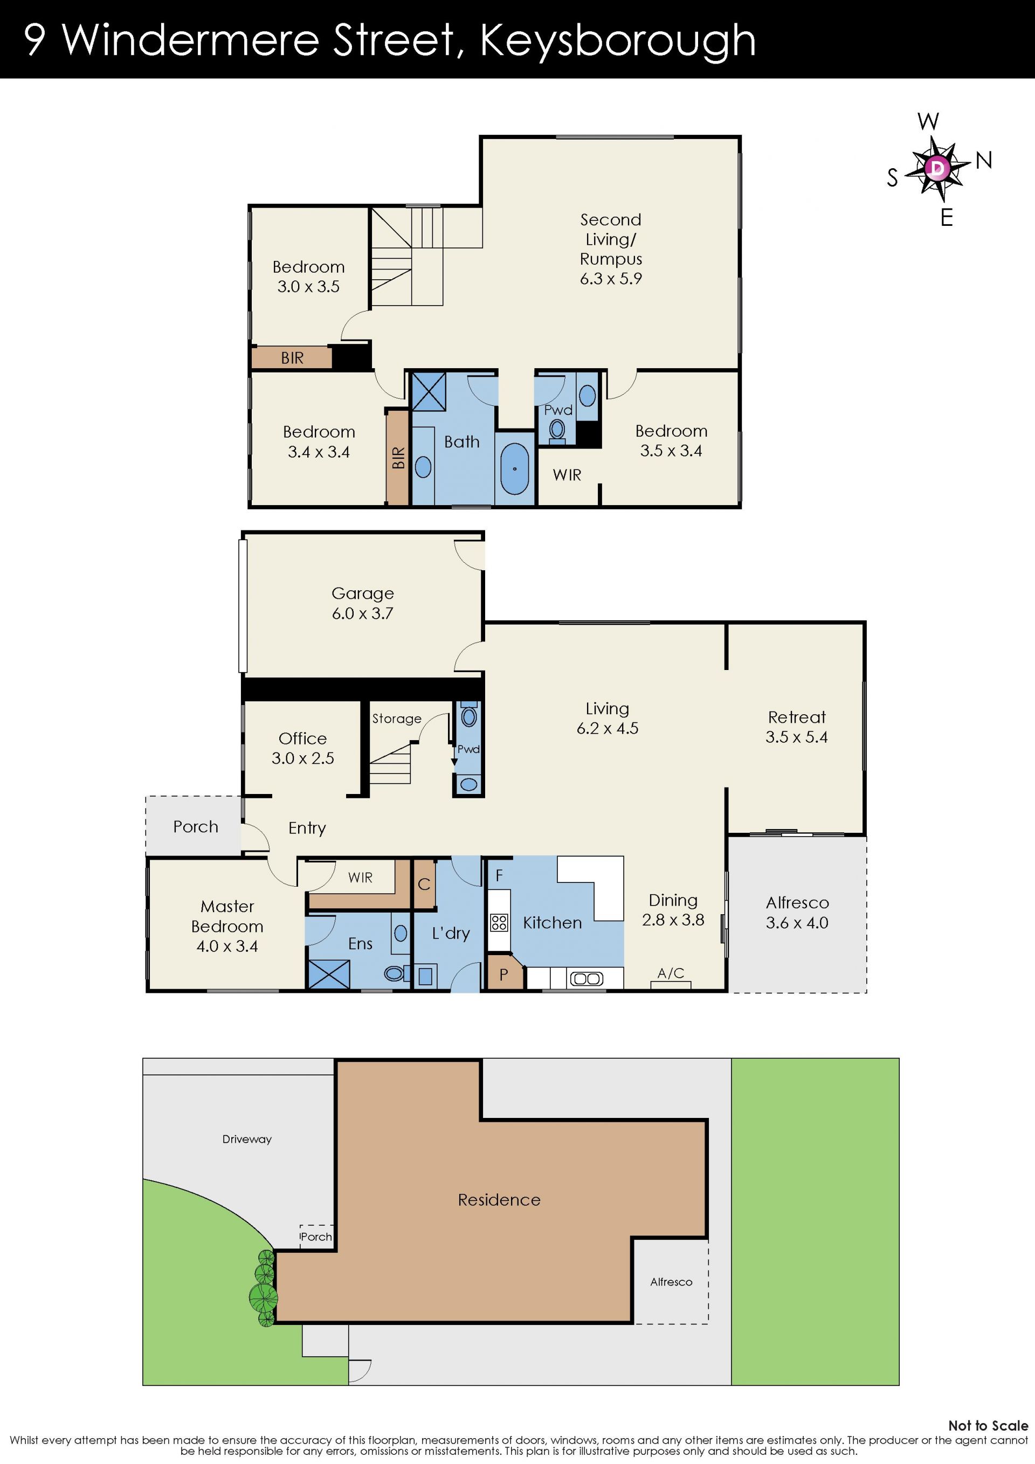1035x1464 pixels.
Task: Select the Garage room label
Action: coord(363,593)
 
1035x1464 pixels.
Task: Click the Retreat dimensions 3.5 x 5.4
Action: coord(797,737)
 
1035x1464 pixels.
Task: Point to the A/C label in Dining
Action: coord(671,973)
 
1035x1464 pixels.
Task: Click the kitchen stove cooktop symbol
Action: coord(499,923)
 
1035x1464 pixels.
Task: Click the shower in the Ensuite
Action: coord(329,973)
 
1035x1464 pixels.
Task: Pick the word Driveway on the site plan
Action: coord(247,1140)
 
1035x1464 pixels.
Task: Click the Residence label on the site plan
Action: coord(499,1200)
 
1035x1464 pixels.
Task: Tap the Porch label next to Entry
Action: coord(196,827)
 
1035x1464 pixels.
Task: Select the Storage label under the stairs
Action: coord(397,719)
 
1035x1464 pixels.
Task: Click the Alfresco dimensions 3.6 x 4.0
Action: coord(797,923)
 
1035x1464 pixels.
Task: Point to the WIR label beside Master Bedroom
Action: coord(360,878)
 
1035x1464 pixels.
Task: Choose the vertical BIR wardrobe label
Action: coord(398,458)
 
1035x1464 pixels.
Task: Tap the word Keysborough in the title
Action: coord(617,41)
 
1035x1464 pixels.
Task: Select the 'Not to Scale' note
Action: coord(988,1425)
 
